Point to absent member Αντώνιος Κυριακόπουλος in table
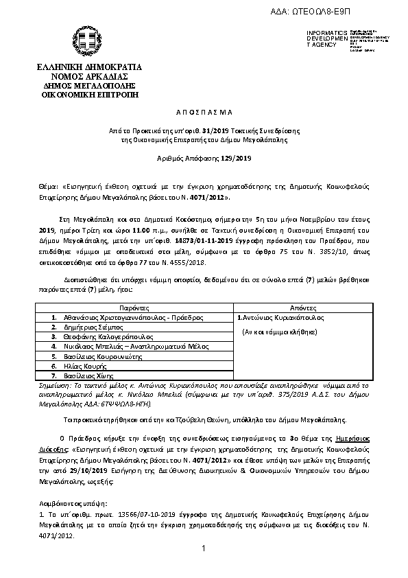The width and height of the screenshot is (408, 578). pos(280,319)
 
